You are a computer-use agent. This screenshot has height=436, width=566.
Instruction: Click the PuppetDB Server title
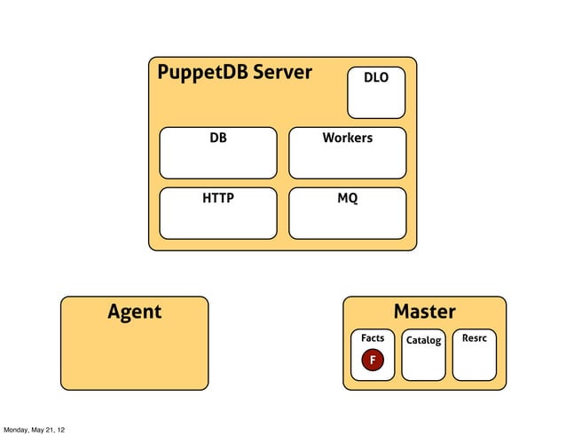[x=234, y=73]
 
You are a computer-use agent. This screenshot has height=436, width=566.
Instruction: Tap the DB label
[x=217, y=139]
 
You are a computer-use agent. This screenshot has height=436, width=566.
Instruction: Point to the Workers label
[x=347, y=139]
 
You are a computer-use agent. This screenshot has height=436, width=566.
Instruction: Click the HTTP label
[x=217, y=199]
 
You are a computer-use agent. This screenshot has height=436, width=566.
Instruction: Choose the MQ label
[x=347, y=199]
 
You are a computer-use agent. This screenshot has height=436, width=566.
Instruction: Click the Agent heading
[x=134, y=312]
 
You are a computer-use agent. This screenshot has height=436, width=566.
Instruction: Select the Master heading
[x=424, y=312]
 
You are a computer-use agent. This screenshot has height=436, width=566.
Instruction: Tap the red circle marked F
[x=373, y=360]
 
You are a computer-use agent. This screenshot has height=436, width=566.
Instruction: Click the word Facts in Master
[x=373, y=338]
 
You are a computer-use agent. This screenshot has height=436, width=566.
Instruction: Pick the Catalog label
[x=423, y=340]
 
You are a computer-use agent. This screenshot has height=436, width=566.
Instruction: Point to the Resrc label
[x=474, y=338]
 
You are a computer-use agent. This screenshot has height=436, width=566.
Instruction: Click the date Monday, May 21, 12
[x=34, y=430]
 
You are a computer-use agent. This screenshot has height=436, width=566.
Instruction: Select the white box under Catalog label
[x=423, y=362]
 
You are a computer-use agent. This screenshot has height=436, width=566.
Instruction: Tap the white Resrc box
[x=474, y=362]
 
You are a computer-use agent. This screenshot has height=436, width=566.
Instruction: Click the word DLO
[x=375, y=78]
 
